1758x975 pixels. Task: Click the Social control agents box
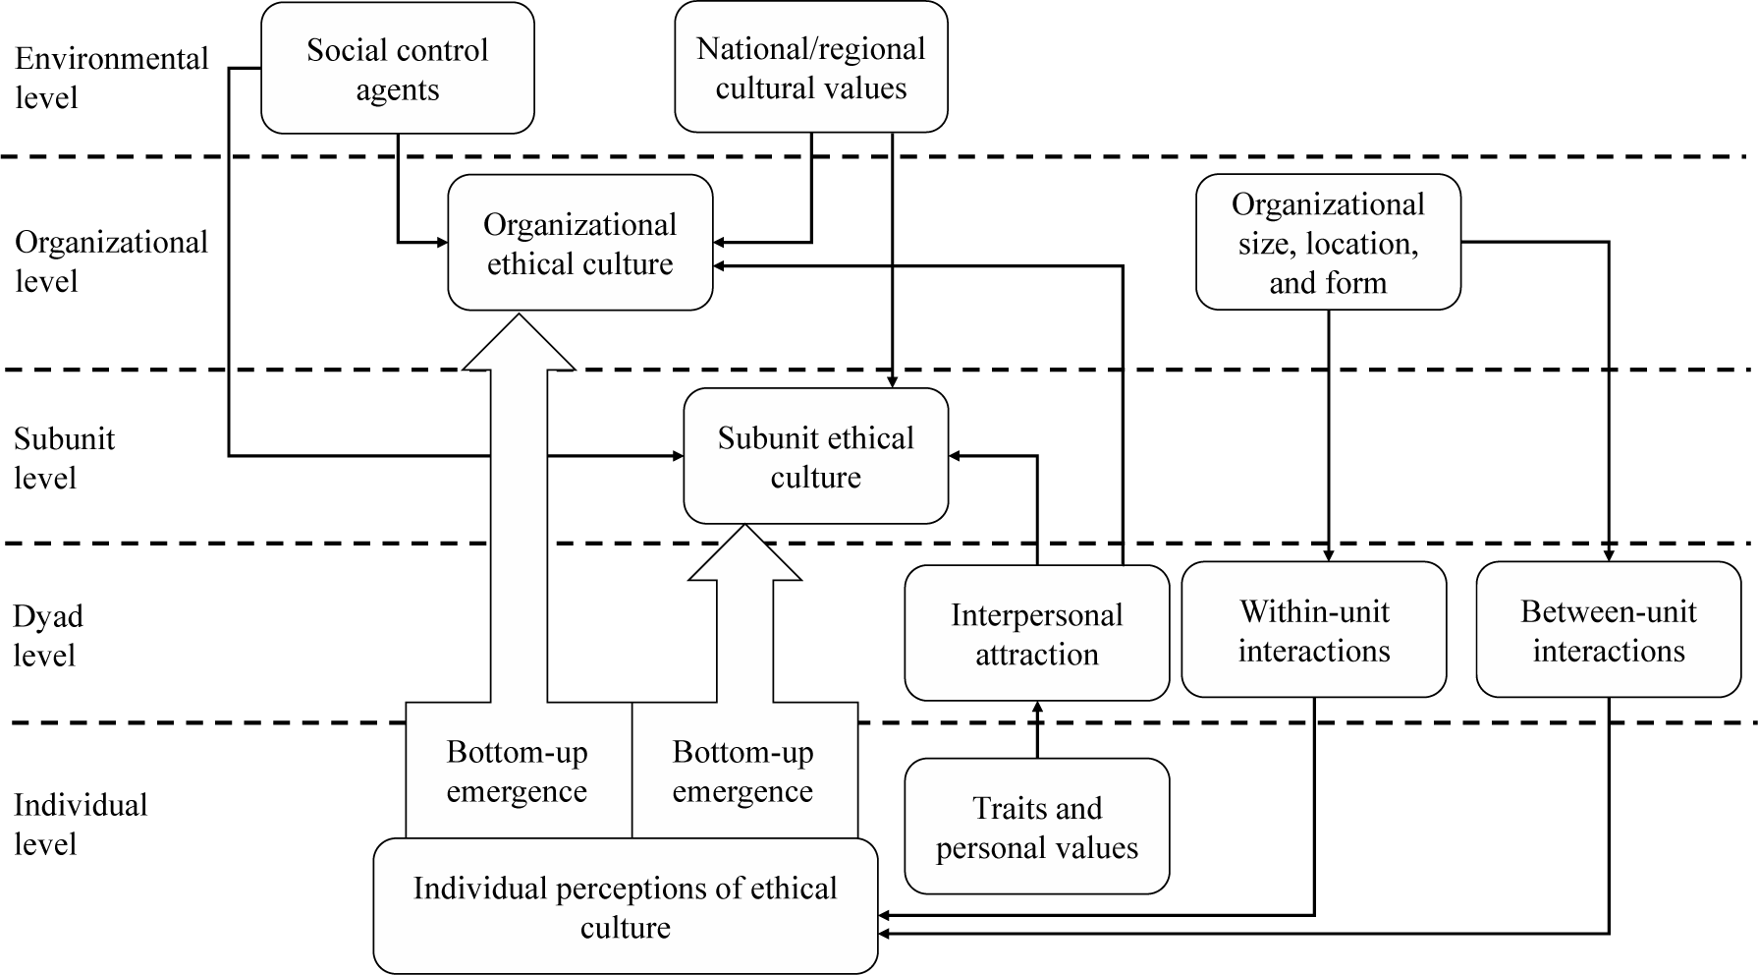click(397, 69)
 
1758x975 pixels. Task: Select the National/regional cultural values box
click(810, 67)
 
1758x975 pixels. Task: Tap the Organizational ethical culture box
click(579, 243)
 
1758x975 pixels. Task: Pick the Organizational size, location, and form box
click(1328, 243)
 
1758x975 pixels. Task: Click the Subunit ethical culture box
click(815, 456)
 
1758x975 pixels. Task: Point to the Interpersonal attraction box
click(1036, 633)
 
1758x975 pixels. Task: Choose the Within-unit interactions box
click(1313, 630)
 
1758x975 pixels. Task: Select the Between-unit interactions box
click(1608, 630)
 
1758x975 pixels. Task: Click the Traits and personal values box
click(1036, 827)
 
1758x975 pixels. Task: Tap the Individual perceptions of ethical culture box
click(625, 906)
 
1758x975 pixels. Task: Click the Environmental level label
click(111, 78)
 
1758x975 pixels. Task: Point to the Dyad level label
click(47, 635)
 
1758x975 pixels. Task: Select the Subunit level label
click(64, 457)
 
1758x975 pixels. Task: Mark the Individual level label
click(80, 824)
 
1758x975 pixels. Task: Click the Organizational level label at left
click(111, 261)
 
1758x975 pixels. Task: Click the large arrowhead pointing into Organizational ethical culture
click(518, 344)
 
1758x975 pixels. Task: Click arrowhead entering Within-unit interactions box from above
click(1328, 555)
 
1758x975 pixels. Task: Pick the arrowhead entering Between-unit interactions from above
click(1609, 555)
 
